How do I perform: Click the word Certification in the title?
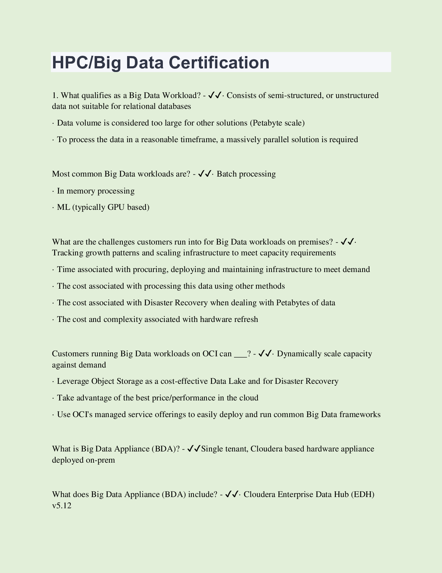pyautogui.click(x=219, y=62)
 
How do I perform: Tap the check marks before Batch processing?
pyautogui.click(x=205, y=174)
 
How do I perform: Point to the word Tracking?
pyautogui.click(x=68, y=253)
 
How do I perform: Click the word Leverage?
pyautogui.click(x=73, y=381)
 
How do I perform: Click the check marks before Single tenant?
pyautogui.click(x=194, y=449)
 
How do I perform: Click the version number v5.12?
pyautogui.click(x=62, y=506)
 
